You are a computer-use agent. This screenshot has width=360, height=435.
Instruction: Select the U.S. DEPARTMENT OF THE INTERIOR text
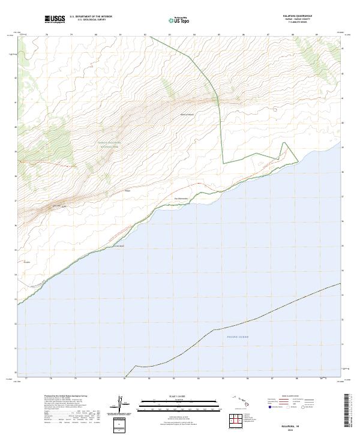point(91,16)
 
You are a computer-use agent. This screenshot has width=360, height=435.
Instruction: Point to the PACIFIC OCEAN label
point(238,337)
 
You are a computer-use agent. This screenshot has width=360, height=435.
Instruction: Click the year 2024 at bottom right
point(298,428)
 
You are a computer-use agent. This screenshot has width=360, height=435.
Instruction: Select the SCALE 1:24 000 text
point(179,397)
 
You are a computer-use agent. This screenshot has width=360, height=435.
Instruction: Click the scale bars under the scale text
point(179,406)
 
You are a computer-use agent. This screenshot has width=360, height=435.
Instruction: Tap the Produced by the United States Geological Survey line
point(66,396)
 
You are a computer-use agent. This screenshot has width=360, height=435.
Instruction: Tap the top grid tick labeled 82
point(145,34)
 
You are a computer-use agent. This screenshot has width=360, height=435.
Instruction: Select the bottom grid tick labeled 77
point(26,379)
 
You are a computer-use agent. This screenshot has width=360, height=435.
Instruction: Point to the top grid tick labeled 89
point(317,34)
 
